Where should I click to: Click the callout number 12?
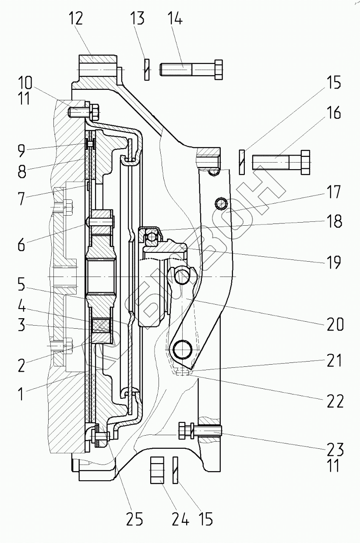pyautogui.click(x=75, y=20)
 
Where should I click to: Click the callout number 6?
pyautogui.click(x=21, y=245)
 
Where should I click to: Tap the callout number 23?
pyautogui.click(x=335, y=450)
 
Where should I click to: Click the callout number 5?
pyautogui.click(x=21, y=286)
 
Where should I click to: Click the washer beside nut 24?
pyautogui.click(x=176, y=469)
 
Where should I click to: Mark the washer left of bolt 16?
pyautogui.click(x=242, y=162)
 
